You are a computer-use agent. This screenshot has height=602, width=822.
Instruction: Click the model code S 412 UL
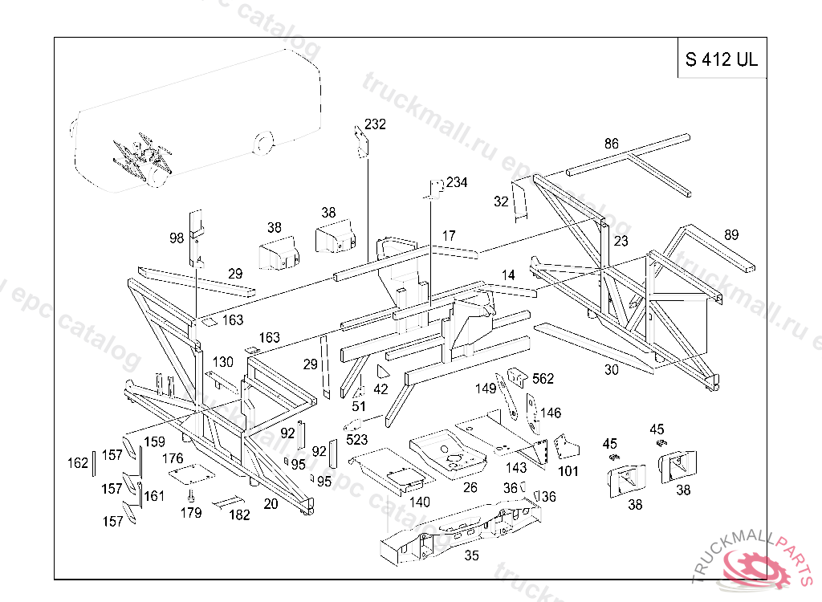722,59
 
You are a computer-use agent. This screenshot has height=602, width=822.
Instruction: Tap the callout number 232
375,124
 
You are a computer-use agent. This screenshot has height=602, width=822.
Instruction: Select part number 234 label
457,182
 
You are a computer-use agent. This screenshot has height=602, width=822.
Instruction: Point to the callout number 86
612,144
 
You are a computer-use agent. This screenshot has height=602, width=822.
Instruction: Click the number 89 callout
730,234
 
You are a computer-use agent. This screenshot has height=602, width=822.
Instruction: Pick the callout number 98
177,238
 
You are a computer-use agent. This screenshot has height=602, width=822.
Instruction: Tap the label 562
543,379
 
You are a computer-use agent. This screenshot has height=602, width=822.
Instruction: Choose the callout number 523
357,440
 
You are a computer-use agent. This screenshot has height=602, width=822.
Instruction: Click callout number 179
191,513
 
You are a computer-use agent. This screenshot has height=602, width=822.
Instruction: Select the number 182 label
239,515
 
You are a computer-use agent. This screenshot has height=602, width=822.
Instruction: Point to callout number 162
78,463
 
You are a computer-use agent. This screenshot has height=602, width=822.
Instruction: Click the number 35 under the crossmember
472,555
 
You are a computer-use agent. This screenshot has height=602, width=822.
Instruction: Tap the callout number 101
568,471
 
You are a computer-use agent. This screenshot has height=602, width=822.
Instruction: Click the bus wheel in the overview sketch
262,144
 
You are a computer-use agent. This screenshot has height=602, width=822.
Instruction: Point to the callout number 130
223,362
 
